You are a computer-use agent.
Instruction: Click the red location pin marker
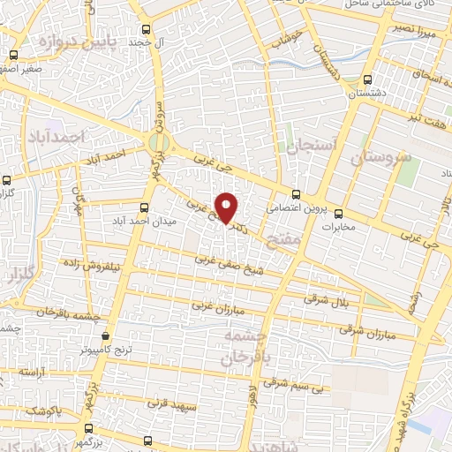click(227, 207)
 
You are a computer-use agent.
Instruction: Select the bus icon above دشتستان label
click(366, 78)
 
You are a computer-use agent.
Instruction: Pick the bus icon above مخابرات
click(337, 212)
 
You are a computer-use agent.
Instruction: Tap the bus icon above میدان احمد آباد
click(144, 207)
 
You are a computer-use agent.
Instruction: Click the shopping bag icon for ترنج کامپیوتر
click(107, 335)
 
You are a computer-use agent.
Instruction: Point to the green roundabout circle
click(158, 143)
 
